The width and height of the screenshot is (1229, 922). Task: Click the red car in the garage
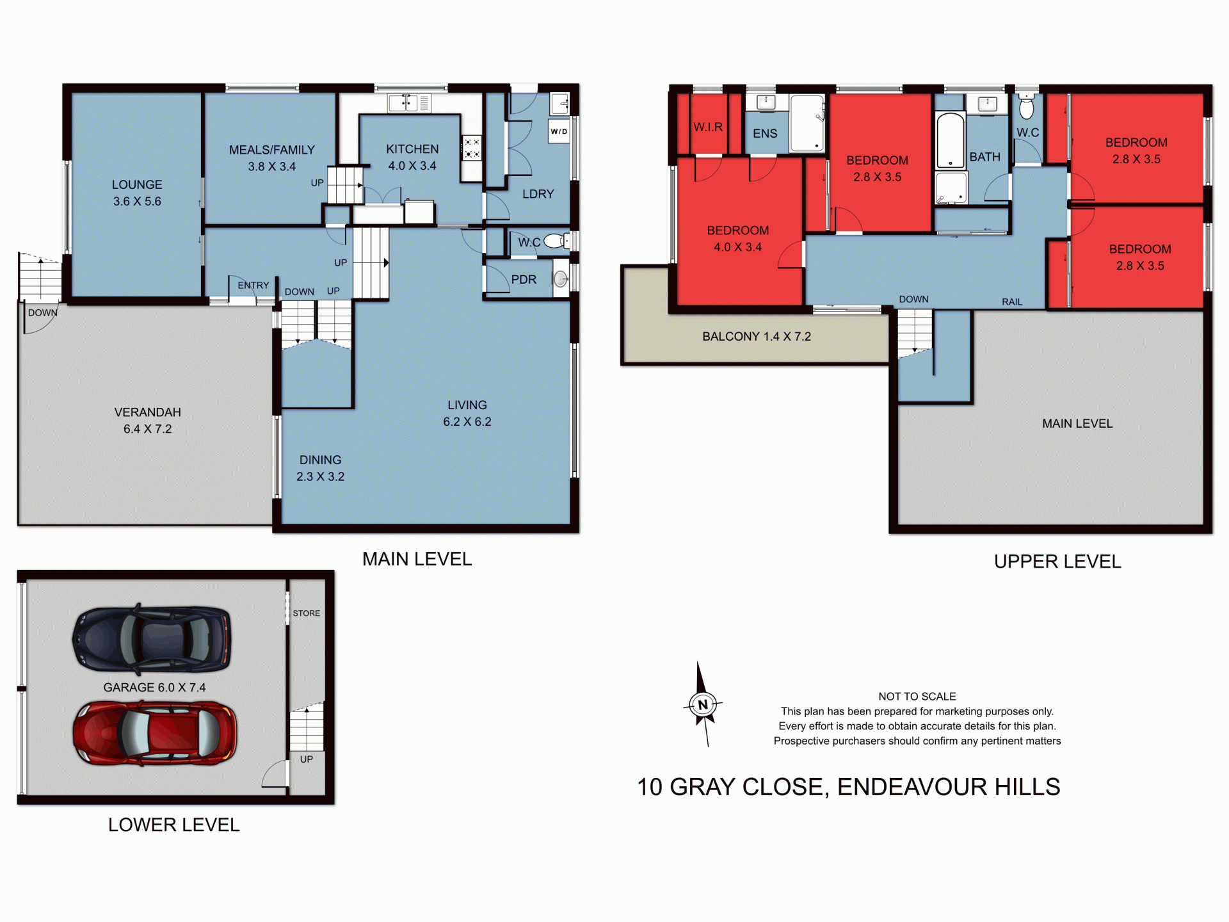coord(154,733)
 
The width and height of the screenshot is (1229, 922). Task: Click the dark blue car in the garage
coord(152,639)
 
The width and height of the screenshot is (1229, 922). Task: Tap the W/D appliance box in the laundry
coord(559,131)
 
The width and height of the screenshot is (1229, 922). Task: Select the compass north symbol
coord(703,705)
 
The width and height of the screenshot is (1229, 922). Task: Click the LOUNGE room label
coord(137,185)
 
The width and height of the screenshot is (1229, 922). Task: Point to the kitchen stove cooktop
coord(472,148)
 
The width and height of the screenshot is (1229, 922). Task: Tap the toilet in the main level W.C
coord(556,241)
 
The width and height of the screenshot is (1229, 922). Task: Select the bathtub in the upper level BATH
coord(950,140)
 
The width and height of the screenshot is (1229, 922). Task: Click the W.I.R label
coord(708,127)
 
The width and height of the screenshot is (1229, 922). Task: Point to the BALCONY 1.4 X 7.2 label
coord(756,337)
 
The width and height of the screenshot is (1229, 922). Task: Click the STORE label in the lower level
coord(306,613)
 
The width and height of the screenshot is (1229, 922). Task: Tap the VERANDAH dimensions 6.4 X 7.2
coord(147,429)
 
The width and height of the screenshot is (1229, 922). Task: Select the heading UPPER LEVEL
coord(1057,562)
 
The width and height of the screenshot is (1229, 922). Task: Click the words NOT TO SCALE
coord(917,697)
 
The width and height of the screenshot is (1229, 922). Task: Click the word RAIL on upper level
coord(1011,302)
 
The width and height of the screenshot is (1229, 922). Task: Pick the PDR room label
coord(524,280)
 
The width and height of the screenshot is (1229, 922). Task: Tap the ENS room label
coord(765,133)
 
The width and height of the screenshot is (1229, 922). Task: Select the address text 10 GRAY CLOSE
coord(732,787)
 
